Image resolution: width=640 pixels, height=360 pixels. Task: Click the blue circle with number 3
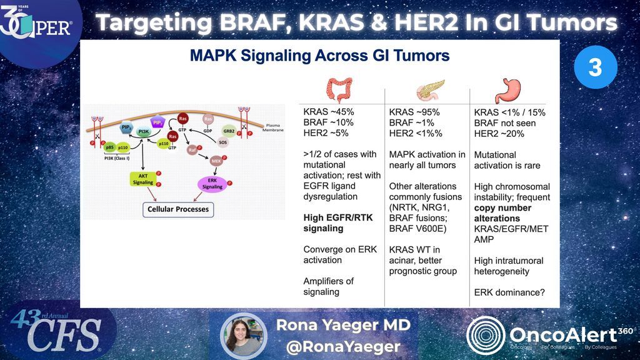594,68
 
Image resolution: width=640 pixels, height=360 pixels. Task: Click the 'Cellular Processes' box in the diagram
178,209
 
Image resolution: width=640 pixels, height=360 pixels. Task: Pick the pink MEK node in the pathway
217,161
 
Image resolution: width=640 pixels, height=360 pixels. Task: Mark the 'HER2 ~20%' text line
499,134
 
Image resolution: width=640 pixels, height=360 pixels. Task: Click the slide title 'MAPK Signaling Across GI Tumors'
319,56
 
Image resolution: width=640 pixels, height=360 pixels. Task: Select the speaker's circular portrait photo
244,335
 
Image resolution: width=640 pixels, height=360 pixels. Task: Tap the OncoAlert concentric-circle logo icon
486,335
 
